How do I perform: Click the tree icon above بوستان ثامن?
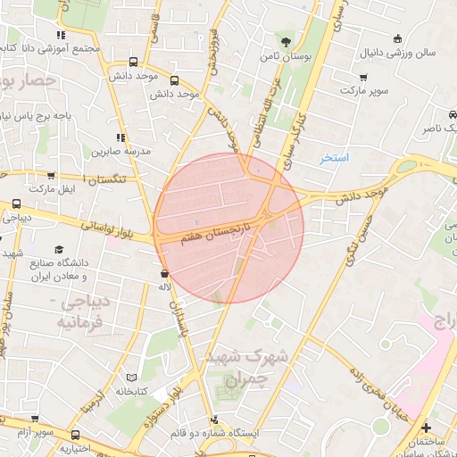(285, 41)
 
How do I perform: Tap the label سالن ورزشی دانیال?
(399, 53)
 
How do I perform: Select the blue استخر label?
(336, 158)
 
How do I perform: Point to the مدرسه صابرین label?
(115, 150)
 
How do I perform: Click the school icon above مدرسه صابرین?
(116, 136)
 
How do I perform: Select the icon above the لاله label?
(163, 273)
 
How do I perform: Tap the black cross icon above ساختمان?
(425, 428)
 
